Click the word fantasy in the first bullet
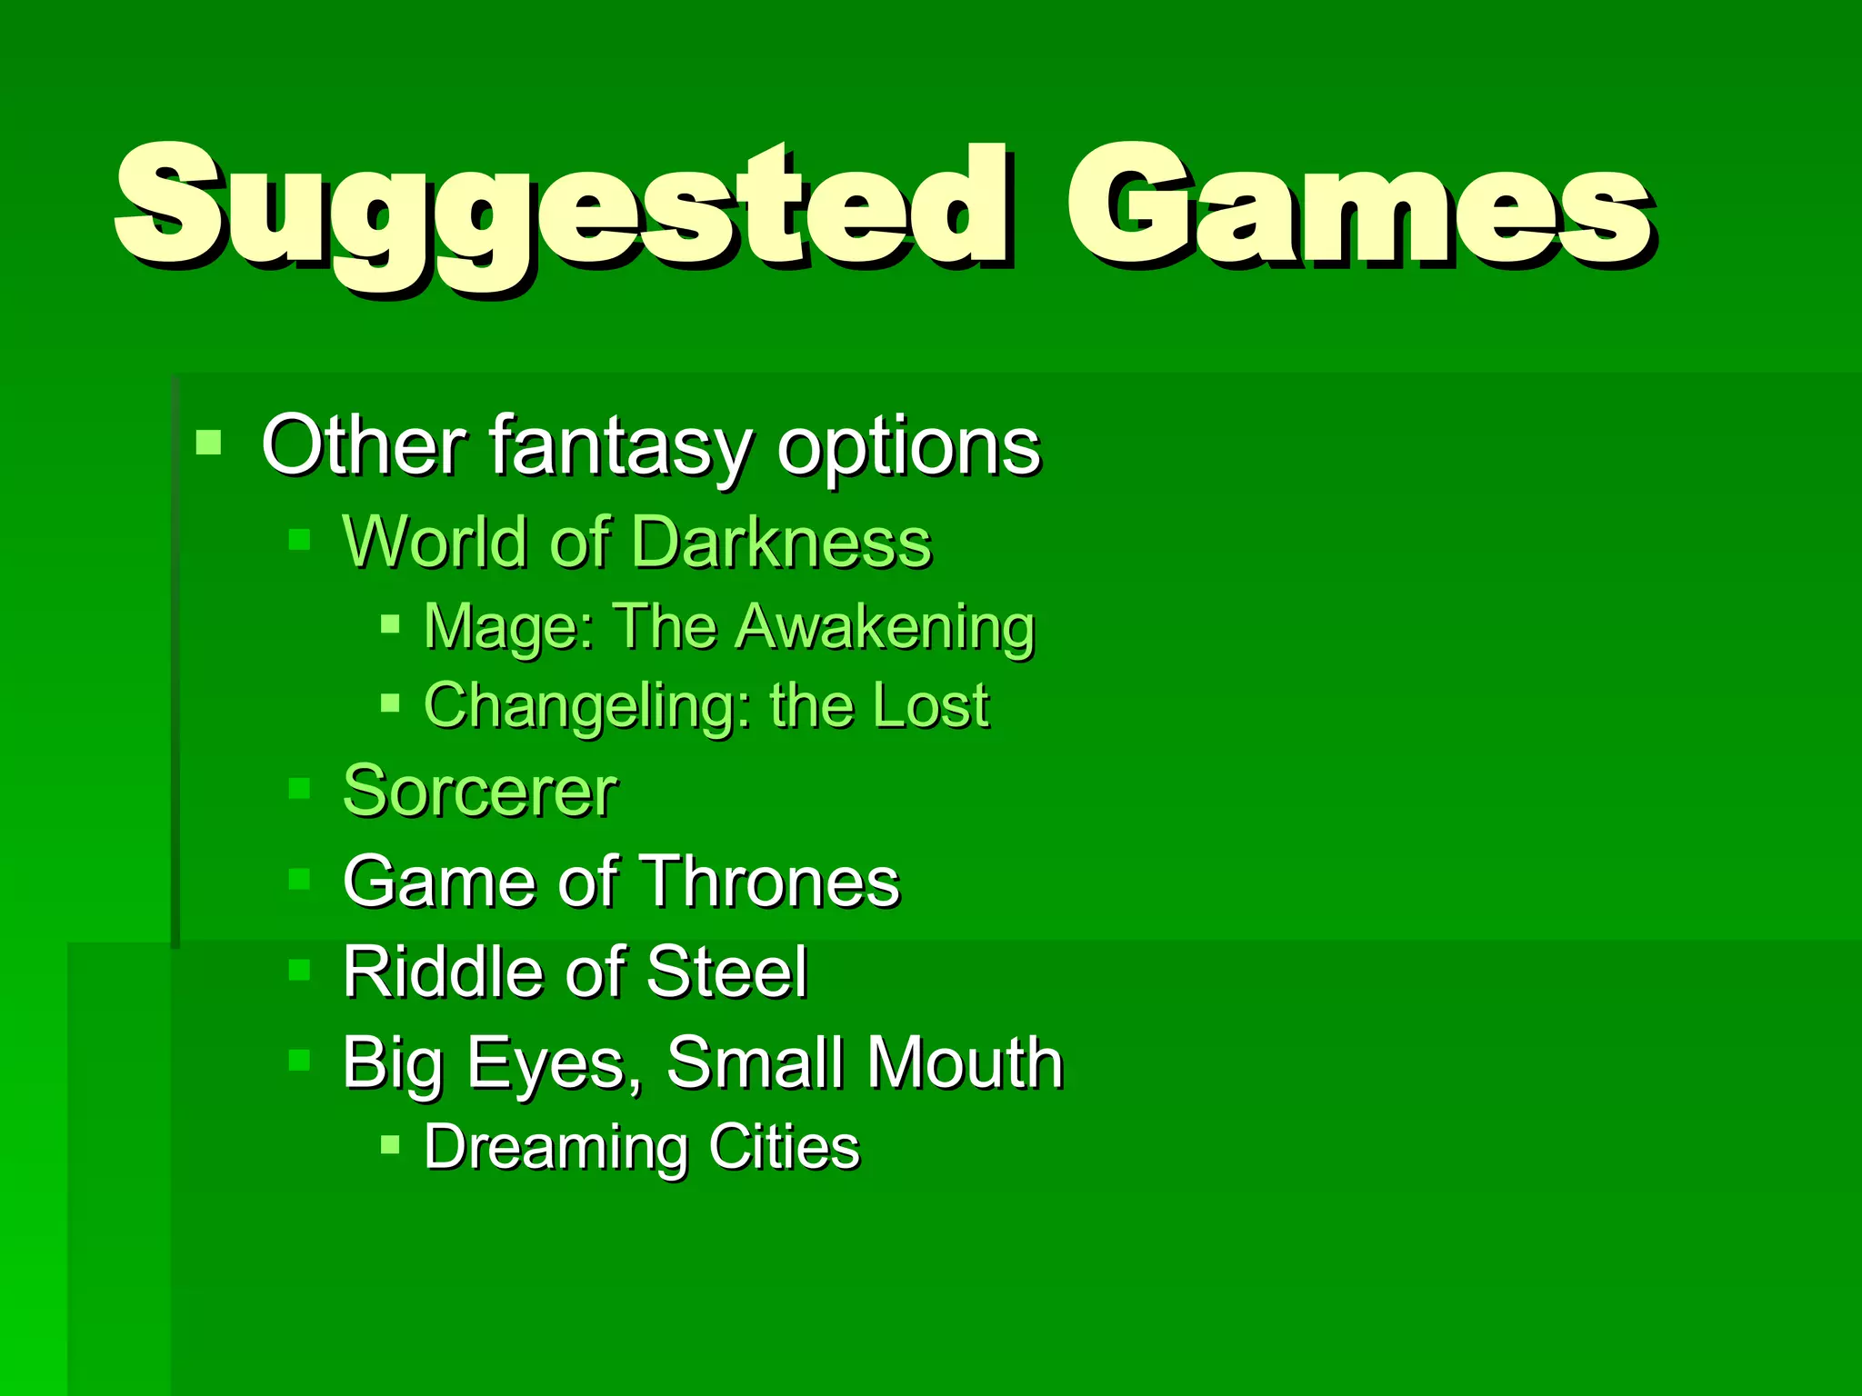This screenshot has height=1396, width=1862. tap(621, 447)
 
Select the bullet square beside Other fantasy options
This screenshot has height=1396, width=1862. tap(209, 443)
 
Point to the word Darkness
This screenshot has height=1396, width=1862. tap(781, 543)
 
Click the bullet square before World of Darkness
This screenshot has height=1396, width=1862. tap(299, 541)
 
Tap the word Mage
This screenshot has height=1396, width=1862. tap(507, 628)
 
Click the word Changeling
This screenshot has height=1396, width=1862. tap(587, 707)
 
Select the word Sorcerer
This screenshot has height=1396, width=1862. tap(480, 792)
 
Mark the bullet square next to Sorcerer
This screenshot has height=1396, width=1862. tap(299, 787)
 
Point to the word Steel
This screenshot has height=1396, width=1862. tap(726, 972)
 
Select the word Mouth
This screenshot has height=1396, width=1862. tap(965, 1062)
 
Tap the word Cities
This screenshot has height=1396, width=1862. tap(785, 1147)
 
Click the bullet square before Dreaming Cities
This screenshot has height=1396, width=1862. tap(390, 1144)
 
